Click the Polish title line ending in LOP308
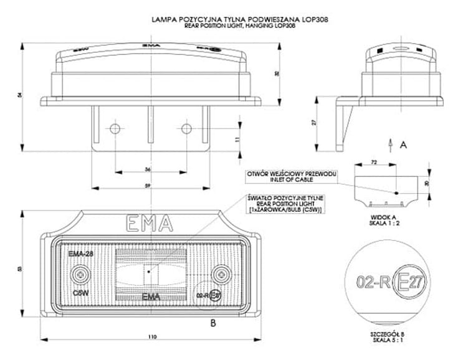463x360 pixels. [241, 20]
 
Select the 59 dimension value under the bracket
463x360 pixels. [147, 186]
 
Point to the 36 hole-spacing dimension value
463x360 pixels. [148, 169]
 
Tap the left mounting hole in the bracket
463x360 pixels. [114, 128]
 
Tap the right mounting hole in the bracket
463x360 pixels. [186, 128]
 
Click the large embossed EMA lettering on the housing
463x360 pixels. [150, 222]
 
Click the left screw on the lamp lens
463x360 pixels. [80, 274]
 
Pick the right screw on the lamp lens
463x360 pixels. [219, 274]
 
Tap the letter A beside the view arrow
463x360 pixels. [403, 144]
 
